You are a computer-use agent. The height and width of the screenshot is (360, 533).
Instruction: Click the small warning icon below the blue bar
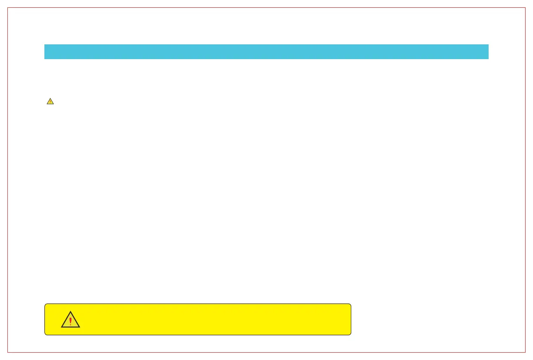[50, 101]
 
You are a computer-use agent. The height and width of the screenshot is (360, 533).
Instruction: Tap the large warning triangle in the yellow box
[70, 320]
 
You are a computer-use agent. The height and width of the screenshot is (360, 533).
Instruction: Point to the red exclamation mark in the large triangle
[70, 321]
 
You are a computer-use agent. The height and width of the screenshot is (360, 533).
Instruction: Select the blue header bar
[266, 51]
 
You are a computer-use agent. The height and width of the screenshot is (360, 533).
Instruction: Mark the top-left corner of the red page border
[8, 8]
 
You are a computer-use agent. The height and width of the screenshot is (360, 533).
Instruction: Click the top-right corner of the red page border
[525, 8]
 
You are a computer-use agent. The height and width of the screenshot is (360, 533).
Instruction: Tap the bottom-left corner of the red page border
[8, 352]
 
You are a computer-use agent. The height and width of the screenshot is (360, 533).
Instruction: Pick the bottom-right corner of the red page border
[525, 352]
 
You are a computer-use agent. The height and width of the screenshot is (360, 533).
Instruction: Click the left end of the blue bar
[45, 51]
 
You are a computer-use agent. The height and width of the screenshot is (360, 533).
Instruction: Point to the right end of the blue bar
[488, 51]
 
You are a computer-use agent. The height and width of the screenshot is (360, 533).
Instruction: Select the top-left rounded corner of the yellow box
[46, 305]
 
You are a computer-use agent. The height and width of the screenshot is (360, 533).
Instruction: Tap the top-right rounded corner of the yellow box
[350, 305]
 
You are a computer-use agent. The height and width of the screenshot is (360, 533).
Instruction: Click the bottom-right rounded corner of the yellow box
[350, 334]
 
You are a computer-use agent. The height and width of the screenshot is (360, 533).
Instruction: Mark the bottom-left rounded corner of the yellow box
[46, 334]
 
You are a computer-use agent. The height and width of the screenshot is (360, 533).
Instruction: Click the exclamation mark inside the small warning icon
[50, 102]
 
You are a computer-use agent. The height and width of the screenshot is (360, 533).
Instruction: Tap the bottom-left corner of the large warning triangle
[62, 327]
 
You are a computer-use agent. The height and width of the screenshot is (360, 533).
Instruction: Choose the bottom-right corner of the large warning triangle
[79, 327]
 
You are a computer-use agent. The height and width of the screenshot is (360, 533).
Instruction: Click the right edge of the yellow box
[351, 319]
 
